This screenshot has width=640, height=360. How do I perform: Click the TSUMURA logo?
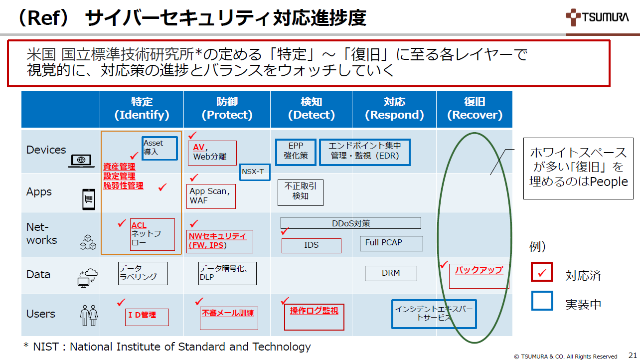pos(597,18)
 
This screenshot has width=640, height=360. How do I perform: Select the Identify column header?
pos(142,109)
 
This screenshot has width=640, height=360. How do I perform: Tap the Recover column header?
pos(474,109)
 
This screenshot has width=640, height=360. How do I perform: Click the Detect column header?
pos(311,109)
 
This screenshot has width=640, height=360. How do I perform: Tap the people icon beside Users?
pos(89,315)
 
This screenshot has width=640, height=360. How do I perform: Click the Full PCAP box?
pos(391,243)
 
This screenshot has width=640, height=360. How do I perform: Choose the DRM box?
pos(391,273)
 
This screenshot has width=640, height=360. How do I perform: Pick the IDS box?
pos(311,245)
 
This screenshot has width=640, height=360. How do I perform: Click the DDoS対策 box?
pos(350,223)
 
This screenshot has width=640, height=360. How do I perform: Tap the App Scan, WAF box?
pos(212,196)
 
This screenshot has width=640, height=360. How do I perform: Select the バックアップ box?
pos(479,276)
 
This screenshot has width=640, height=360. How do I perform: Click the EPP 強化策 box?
pos(296,152)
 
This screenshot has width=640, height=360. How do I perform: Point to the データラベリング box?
pos(143,273)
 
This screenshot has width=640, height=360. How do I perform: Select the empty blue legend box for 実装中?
pos(542,301)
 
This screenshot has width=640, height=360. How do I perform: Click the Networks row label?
pos(42,234)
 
